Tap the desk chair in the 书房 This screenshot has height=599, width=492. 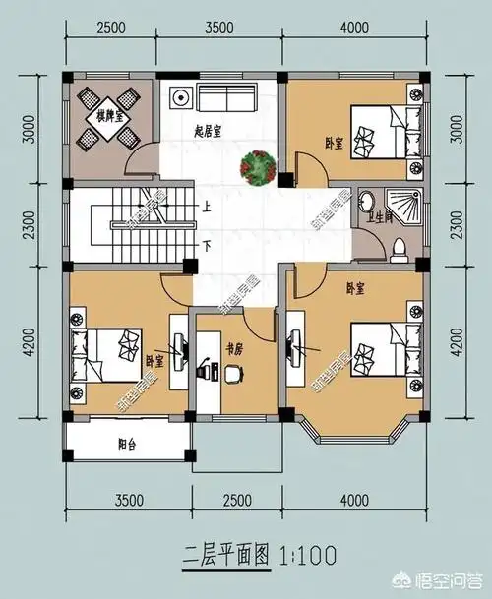tap(233, 373)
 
